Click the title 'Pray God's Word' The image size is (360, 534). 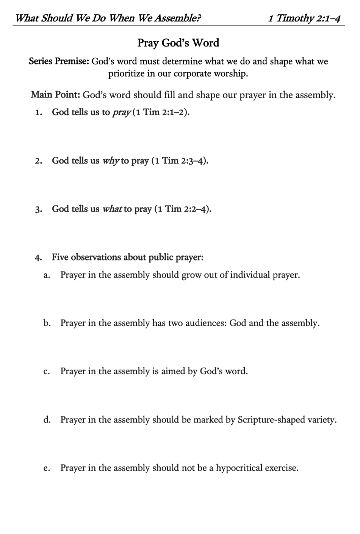pos(178,43)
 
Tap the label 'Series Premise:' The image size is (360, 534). pos(59,61)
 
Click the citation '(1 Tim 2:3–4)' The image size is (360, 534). pos(180,161)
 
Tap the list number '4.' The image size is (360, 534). pos(38,258)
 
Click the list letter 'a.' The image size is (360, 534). pos(47,275)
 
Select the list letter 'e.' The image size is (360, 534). pos(47,468)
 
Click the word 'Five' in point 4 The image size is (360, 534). pos(60,258)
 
